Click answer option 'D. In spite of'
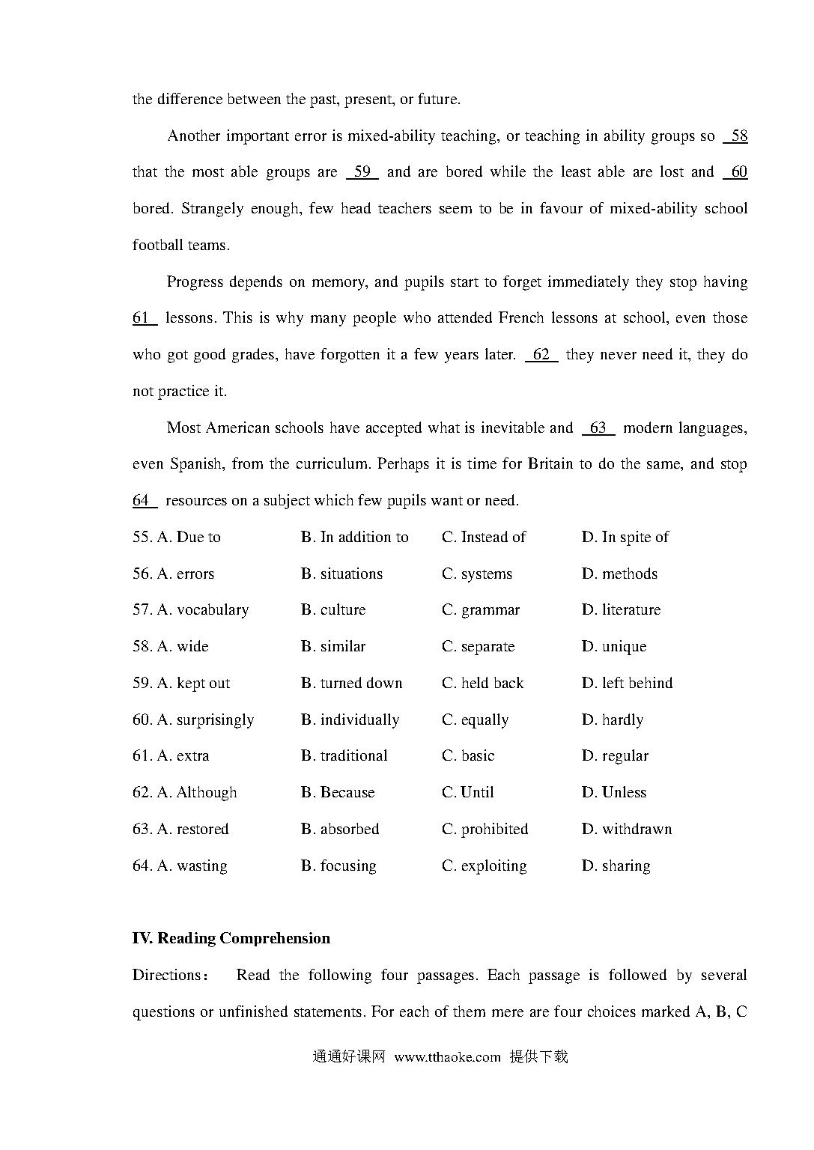click(x=625, y=537)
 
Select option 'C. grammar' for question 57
click(x=480, y=610)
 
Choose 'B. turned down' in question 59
click(x=351, y=683)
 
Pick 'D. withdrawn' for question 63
click(x=626, y=829)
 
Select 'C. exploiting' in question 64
click(x=484, y=865)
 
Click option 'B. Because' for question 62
click(x=338, y=792)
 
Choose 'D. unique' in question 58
click(x=613, y=646)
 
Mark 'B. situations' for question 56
click(x=341, y=574)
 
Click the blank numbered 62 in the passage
click(x=541, y=355)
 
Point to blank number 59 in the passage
click(x=362, y=172)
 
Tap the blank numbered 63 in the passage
click(x=598, y=428)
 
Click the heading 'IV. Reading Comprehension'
click(x=231, y=938)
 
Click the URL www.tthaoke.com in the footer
click(x=447, y=1056)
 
